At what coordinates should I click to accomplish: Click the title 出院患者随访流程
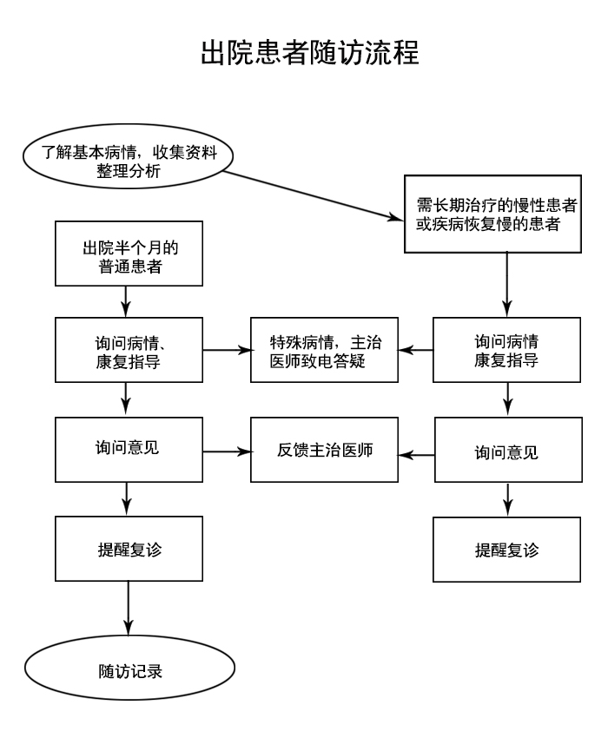(310, 53)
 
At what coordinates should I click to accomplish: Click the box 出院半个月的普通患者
(128, 254)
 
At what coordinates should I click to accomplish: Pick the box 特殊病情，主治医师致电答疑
(324, 351)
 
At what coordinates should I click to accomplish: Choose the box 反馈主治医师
(324, 451)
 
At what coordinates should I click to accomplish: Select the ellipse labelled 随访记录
(129, 671)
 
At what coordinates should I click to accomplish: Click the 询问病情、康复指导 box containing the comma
(128, 351)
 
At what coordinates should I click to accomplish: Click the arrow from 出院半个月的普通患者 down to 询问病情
(128, 301)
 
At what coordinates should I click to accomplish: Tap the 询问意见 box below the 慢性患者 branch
(506, 451)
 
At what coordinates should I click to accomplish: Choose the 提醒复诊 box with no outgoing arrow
(506, 550)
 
